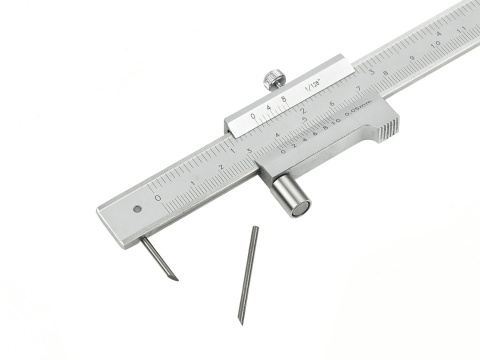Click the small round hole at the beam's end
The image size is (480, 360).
pyautogui.click(x=136, y=209)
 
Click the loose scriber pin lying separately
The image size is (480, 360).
pyautogui.click(x=248, y=272)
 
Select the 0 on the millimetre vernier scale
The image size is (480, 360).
pyautogui.click(x=283, y=151)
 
